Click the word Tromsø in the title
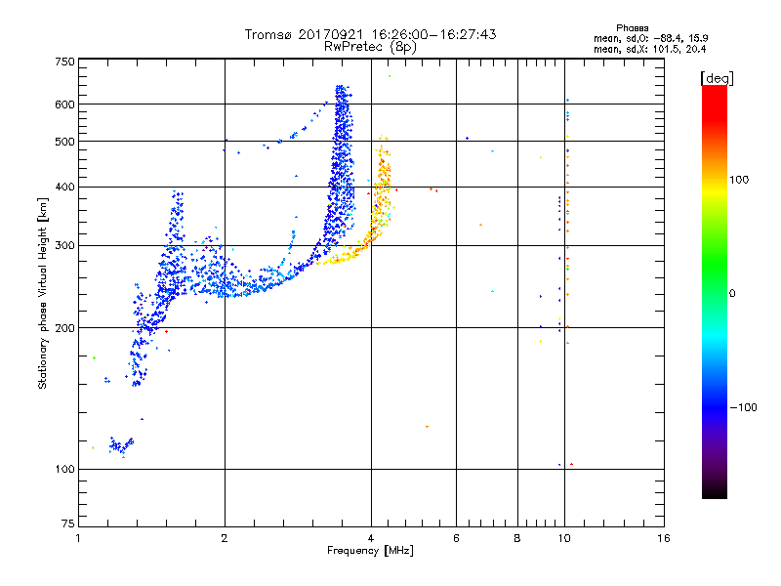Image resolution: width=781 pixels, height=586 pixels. pyautogui.click(x=267, y=34)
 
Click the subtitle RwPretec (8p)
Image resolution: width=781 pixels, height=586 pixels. pyautogui.click(x=370, y=47)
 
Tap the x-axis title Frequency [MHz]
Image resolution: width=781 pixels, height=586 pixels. pyautogui.click(x=370, y=551)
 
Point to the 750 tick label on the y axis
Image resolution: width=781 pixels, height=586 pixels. pyautogui.click(x=64, y=62)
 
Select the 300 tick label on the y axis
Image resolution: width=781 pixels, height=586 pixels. pyautogui.click(x=64, y=245)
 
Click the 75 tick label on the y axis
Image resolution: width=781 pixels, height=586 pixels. pyautogui.click(x=68, y=523)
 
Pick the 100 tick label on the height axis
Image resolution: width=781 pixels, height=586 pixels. pyautogui.click(x=64, y=469)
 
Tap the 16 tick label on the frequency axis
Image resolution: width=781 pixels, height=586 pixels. pyautogui.click(x=664, y=538)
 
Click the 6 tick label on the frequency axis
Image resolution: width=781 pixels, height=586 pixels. pyautogui.click(x=456, y=538)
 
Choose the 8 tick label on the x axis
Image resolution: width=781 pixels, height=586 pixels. pyautogui.click(x=517, y=538)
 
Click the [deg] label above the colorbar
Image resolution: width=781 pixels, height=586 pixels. pyautogui.click(x=717, y=79)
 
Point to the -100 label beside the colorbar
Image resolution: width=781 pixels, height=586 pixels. pyautogui.click(x=743, y=407)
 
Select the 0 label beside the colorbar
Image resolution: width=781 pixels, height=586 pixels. pyautogui.click(x=732, y=293)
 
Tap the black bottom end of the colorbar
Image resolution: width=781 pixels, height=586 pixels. pyautogui.click(x=715, y=495)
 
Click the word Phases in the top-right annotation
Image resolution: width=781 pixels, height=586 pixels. pyautogui.click(x=633, y=28)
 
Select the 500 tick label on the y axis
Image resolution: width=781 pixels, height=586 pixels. pyautogui.click(x=64, y=141)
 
